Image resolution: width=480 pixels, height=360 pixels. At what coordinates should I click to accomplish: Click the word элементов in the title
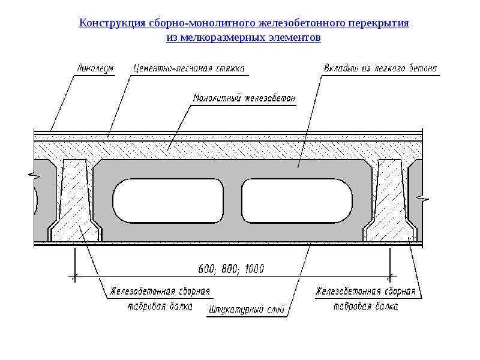tap(295, 37)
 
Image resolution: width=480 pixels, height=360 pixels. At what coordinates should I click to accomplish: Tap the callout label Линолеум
tap(95, 68)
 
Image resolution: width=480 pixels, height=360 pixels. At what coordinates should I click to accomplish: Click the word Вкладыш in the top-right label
tap(341, 68)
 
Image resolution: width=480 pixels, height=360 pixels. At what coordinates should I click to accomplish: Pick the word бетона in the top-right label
tap(423, 68)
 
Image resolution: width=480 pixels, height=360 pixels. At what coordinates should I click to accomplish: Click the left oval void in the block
tap(168, 200)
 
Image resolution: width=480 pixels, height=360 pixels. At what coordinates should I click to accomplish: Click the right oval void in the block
tap(297, 200)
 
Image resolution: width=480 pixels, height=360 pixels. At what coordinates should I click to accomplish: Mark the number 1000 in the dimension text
tap(254, 269)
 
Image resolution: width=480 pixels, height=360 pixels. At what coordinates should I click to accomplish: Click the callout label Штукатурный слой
tap(247, 310)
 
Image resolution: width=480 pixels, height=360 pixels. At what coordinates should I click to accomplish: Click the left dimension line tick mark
tap(74, 277)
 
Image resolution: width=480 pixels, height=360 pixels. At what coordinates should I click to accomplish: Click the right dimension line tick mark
tap(389, 277)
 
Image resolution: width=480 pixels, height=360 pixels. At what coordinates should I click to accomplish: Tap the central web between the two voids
tap(233, 200)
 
